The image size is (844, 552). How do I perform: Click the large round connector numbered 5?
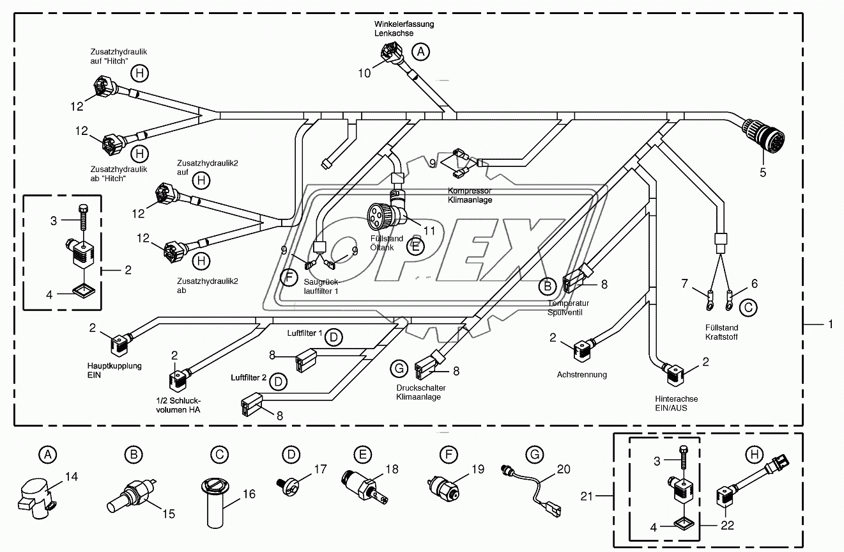[x=762, y=135]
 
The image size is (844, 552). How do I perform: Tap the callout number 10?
[x=364, y=73]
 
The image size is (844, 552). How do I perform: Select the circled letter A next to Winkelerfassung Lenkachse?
[x=420, y=51]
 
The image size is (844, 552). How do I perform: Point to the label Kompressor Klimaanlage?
[x=470, y=195]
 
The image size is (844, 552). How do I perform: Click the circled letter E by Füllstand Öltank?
[x=415, y=247]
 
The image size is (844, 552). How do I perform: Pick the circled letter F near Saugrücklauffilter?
[x=289, y=278]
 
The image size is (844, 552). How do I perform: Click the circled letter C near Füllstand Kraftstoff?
[x=748, y=308]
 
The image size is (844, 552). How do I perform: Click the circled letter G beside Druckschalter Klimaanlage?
[x=399, y=368]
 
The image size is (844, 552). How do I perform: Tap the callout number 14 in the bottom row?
[x=71, y=477]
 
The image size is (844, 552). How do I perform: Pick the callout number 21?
[x=587, y=496]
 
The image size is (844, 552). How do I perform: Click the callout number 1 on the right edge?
[x=831, y=324]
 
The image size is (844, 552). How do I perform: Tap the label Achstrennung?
[x=582, y=375]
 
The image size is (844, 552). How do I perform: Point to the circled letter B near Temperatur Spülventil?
[x=547, y=287]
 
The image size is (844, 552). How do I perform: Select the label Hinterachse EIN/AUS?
[x=677, y=403]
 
